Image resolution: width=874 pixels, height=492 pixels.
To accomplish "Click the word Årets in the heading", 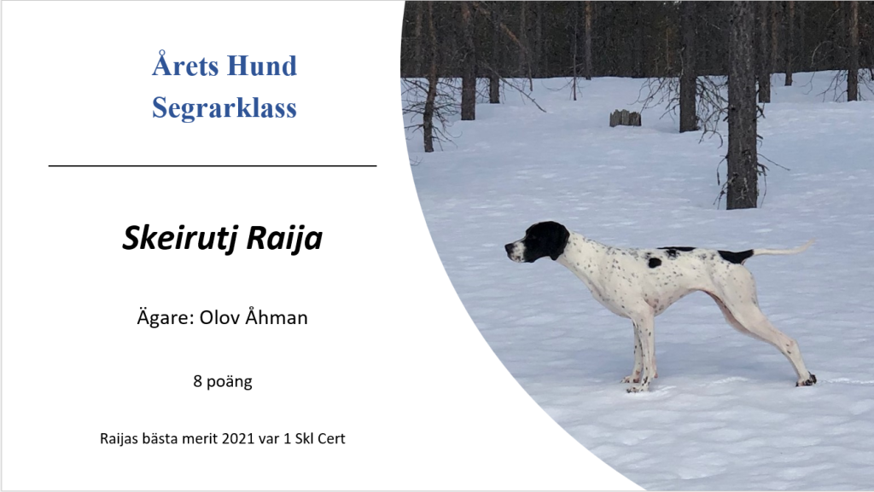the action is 185,65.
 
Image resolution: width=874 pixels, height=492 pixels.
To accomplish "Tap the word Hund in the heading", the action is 262,66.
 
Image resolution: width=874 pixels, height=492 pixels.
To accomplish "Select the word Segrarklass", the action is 224,108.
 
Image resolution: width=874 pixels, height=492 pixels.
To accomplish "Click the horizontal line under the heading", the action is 213,165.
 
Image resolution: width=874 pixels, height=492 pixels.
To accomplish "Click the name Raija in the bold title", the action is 284,239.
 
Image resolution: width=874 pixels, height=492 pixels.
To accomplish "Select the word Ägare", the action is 165,316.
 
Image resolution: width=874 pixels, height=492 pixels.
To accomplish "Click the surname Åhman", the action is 276,316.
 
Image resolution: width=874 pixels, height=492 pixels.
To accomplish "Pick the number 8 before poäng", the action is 197,381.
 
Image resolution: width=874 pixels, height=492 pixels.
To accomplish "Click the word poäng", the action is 229,382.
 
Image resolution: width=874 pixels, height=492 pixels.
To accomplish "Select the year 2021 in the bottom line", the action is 238,438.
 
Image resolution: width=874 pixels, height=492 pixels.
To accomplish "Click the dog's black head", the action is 537,241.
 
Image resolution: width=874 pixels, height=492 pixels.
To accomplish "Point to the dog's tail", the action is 784,250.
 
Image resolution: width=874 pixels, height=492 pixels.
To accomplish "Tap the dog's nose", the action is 508,246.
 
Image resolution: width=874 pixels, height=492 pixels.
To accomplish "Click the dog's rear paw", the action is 806,380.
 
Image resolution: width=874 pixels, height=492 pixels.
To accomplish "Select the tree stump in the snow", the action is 625,118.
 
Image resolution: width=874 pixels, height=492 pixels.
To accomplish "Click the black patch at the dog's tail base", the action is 736,257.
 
